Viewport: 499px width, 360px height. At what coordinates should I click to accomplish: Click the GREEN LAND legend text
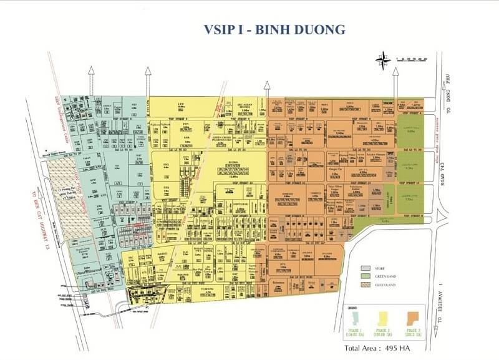pos(387,274)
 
